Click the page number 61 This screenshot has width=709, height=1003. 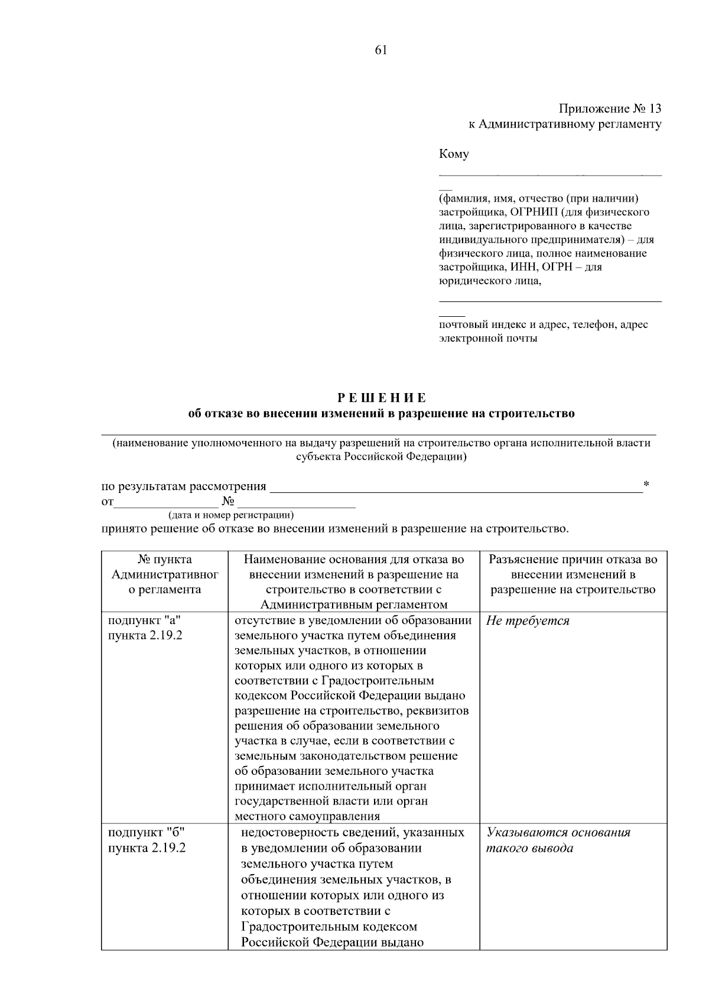[x=380, y=50]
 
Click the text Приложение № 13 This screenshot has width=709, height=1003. [x=610, y=109]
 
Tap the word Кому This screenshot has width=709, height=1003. [x=454, y=154]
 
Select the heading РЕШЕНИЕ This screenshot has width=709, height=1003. [x=381, y=398]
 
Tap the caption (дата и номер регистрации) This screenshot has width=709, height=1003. [x=231, y=515]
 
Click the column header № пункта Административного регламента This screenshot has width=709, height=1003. [x=165, y=574]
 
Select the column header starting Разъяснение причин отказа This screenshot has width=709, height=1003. [x=573, y=574]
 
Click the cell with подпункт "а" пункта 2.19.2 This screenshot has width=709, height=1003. [x=145, y=628]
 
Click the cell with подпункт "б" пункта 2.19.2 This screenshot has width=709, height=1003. [x=147, y=840]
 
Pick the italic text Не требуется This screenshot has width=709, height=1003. [x=528, y=621]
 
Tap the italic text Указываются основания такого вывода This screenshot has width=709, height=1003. [x=558, y=840]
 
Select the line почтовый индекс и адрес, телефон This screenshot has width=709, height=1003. [x=543, y=324]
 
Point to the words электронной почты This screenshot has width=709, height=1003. [x=488, y=339]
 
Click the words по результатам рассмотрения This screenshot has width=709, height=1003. [x=184, y=486]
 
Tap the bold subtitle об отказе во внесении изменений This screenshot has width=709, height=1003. [x=381, y=414]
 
